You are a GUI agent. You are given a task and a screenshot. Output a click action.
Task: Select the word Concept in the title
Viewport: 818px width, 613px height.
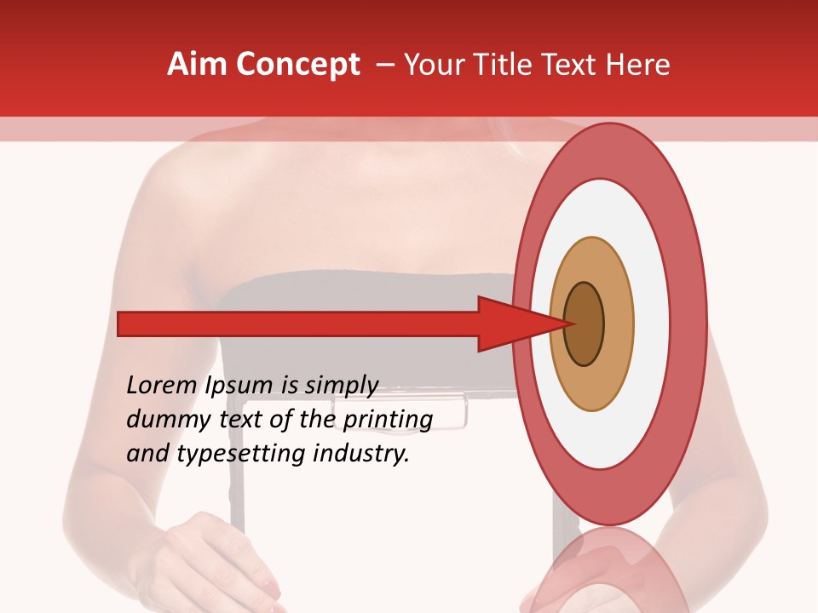pos(297,65)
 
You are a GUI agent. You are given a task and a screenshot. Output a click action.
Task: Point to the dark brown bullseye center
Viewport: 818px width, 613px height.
pos(584,324)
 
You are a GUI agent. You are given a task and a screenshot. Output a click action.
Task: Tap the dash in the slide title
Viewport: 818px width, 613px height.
pos(385,65)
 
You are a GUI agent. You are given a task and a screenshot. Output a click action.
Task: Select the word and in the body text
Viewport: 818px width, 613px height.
pos(147,453)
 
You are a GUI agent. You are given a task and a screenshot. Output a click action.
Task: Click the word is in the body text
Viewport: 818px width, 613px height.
pos(288,385)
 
